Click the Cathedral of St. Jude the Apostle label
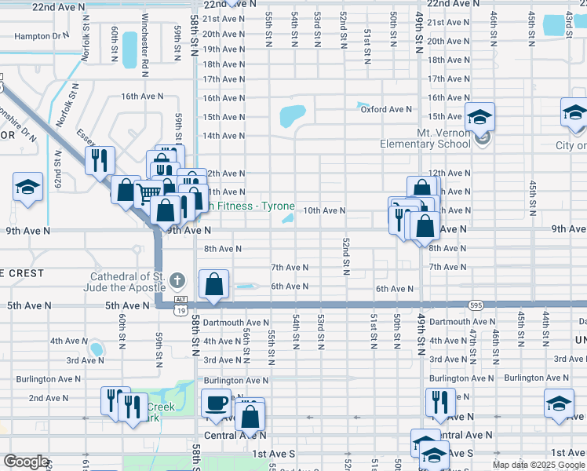point(129,282)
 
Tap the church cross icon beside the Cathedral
point(178,280)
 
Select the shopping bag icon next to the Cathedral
point(213,285)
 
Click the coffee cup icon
point(216,403)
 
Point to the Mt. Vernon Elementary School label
point(425,138)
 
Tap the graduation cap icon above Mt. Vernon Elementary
point(479,118)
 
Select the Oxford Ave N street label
point(386,110)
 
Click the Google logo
point(26,462)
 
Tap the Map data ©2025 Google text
point(539,465)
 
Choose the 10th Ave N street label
point(324,210)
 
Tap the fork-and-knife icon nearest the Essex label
point(99,160)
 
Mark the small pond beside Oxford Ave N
point(362,105)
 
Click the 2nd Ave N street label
point(49,398)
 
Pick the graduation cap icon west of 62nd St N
point(27,188)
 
